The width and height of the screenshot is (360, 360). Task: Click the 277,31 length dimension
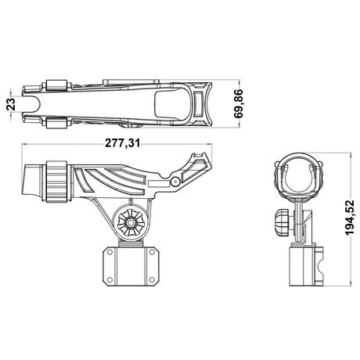[122, 143]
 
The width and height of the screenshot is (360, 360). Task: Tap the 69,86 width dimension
[239, 103]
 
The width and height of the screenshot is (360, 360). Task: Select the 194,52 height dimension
[350, 218]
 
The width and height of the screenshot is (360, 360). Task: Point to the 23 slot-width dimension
[11, 104]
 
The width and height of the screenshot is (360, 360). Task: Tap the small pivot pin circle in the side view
[175, 182]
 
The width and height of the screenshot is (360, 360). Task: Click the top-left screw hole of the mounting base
[110, 252]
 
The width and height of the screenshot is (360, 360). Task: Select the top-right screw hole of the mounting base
[152, 252]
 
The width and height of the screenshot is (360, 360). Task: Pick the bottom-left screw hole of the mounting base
[110, 279]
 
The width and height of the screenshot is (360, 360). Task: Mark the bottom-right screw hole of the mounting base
[152, 279]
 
